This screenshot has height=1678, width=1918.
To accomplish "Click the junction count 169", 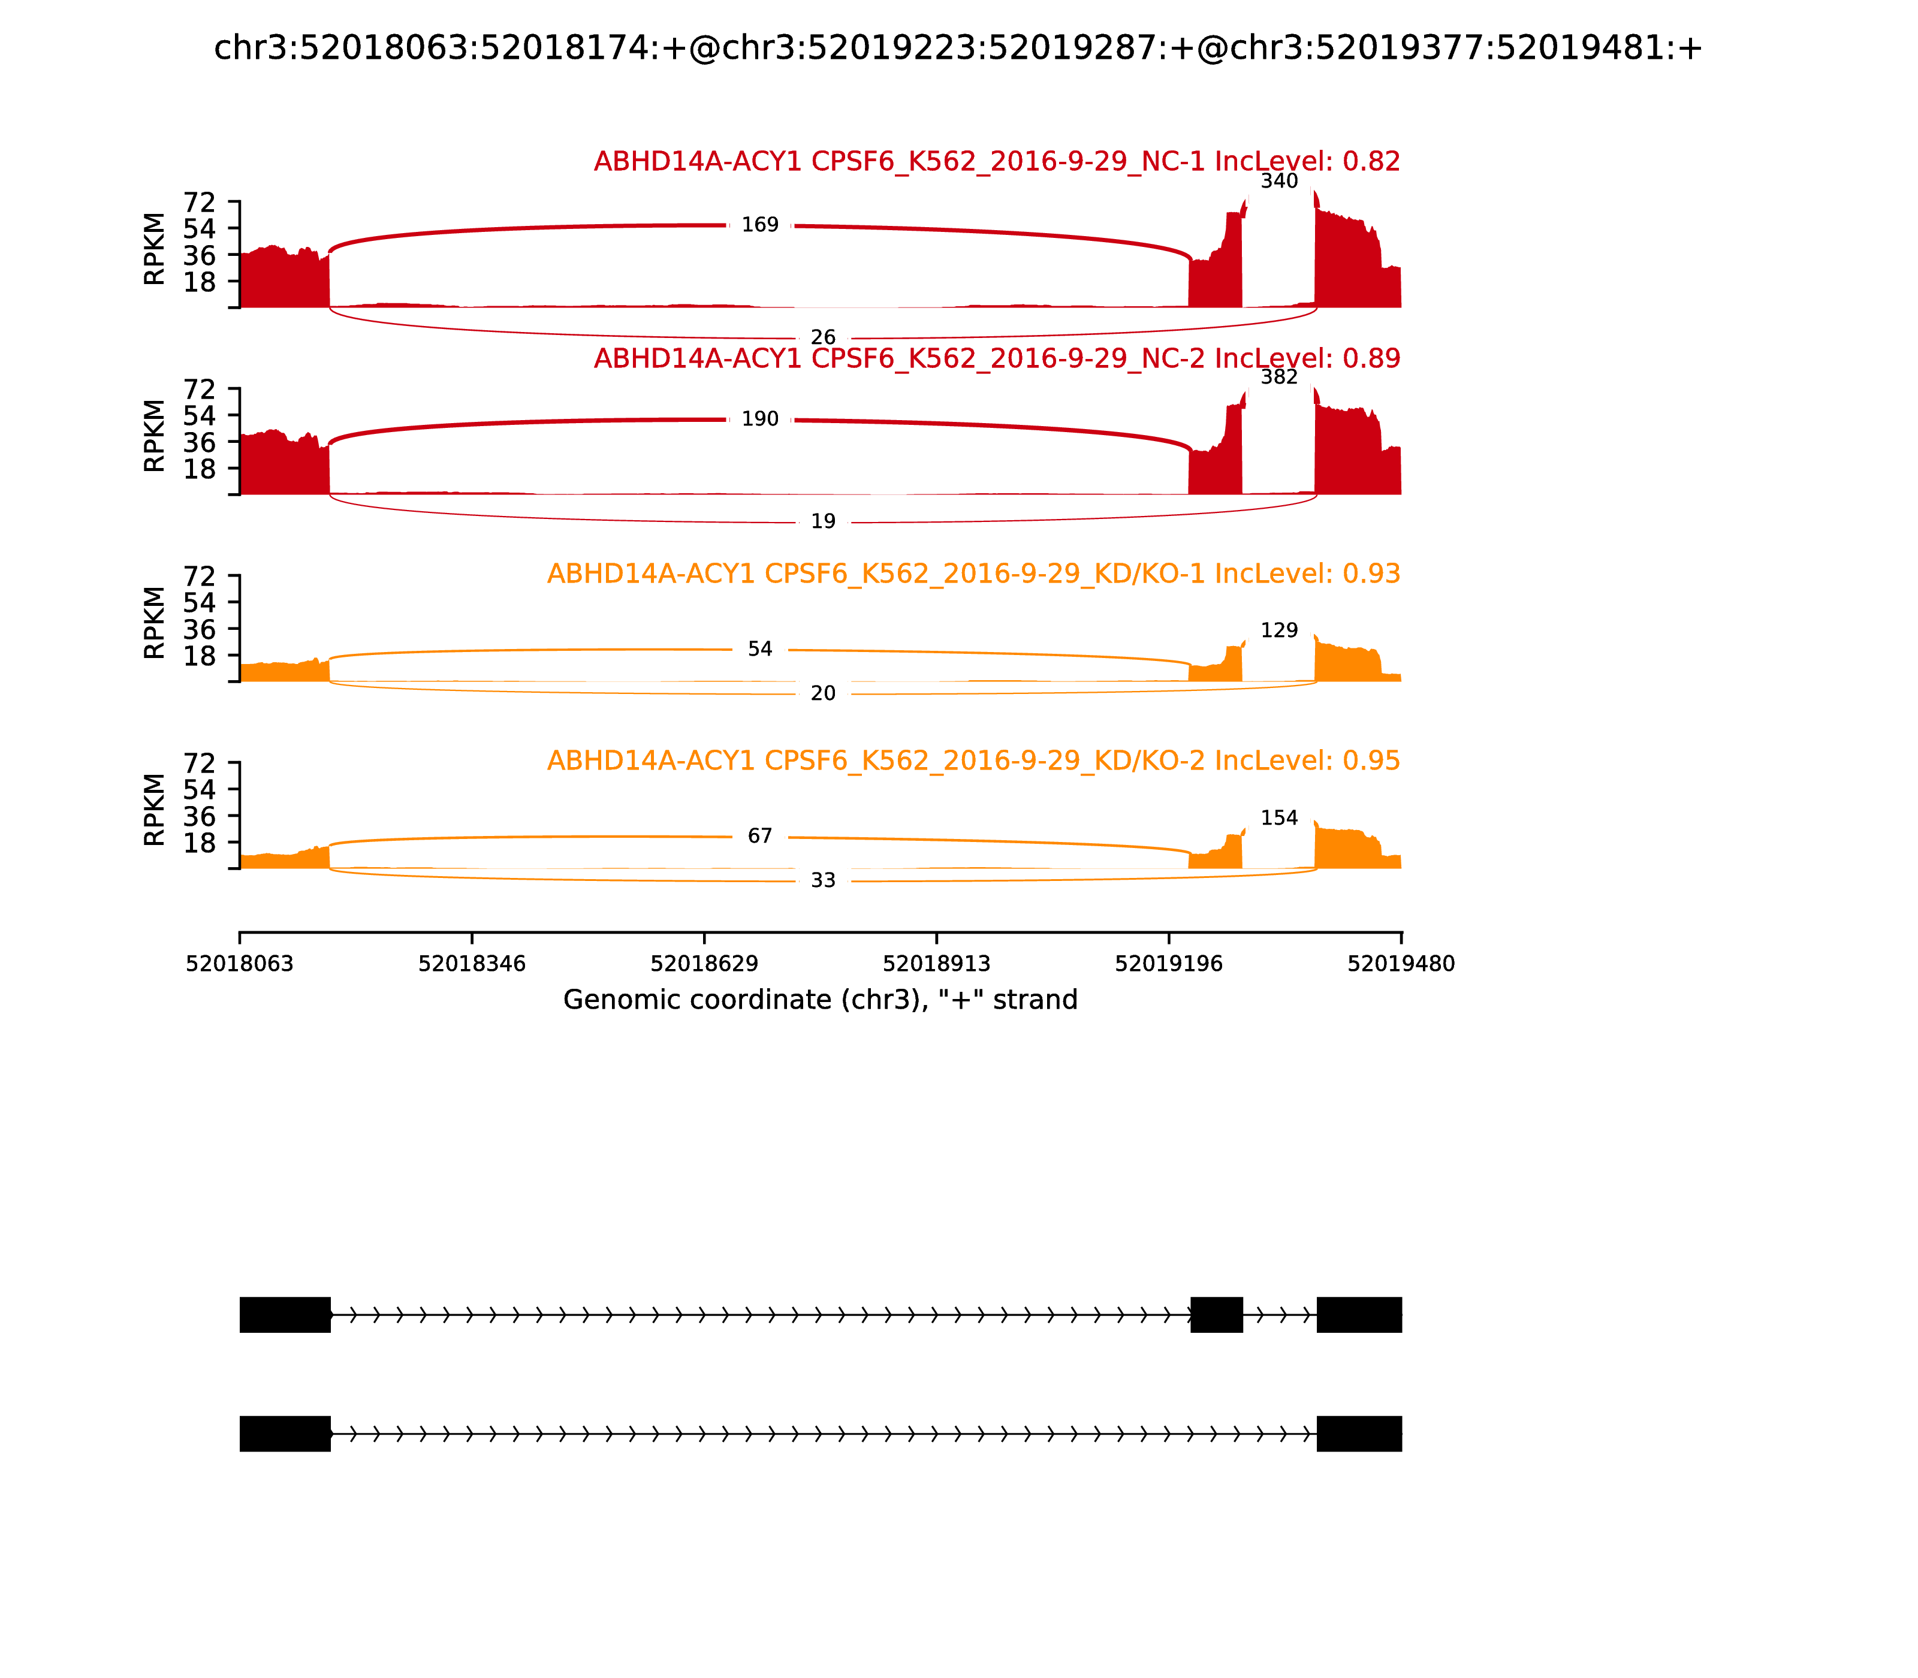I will pos(759,225).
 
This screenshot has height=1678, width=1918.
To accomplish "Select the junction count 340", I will pos(1278,181).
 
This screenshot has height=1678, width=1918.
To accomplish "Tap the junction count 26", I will pos(822,337).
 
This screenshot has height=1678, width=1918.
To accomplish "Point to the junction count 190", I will pos(759,418).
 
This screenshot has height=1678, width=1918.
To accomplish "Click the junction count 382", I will pos(1278,376).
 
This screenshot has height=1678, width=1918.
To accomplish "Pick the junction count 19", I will pos(822,521).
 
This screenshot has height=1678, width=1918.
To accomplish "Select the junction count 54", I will pos(759,649).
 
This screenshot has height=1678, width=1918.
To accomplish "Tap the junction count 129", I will pos(1278,630).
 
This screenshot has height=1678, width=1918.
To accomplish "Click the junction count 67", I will pos(759,835).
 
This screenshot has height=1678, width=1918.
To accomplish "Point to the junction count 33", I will pos(822,880).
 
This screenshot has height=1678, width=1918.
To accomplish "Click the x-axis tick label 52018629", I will pos(703,964).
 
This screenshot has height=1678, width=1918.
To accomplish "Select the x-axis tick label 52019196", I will pos(1168,964).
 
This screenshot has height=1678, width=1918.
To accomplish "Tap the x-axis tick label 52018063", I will pos(240,964).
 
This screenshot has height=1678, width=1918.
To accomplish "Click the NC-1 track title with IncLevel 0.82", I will pos(996,161).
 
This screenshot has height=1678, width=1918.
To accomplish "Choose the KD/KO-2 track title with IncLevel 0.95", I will pos(973,760).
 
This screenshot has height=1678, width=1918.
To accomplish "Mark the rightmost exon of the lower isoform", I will pos(1358,1433).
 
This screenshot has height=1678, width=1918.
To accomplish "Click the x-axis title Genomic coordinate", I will pos(821,1000).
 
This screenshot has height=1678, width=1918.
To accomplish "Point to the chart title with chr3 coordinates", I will pos(958,48).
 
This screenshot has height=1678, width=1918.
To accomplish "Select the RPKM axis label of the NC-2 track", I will pos(155,436).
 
